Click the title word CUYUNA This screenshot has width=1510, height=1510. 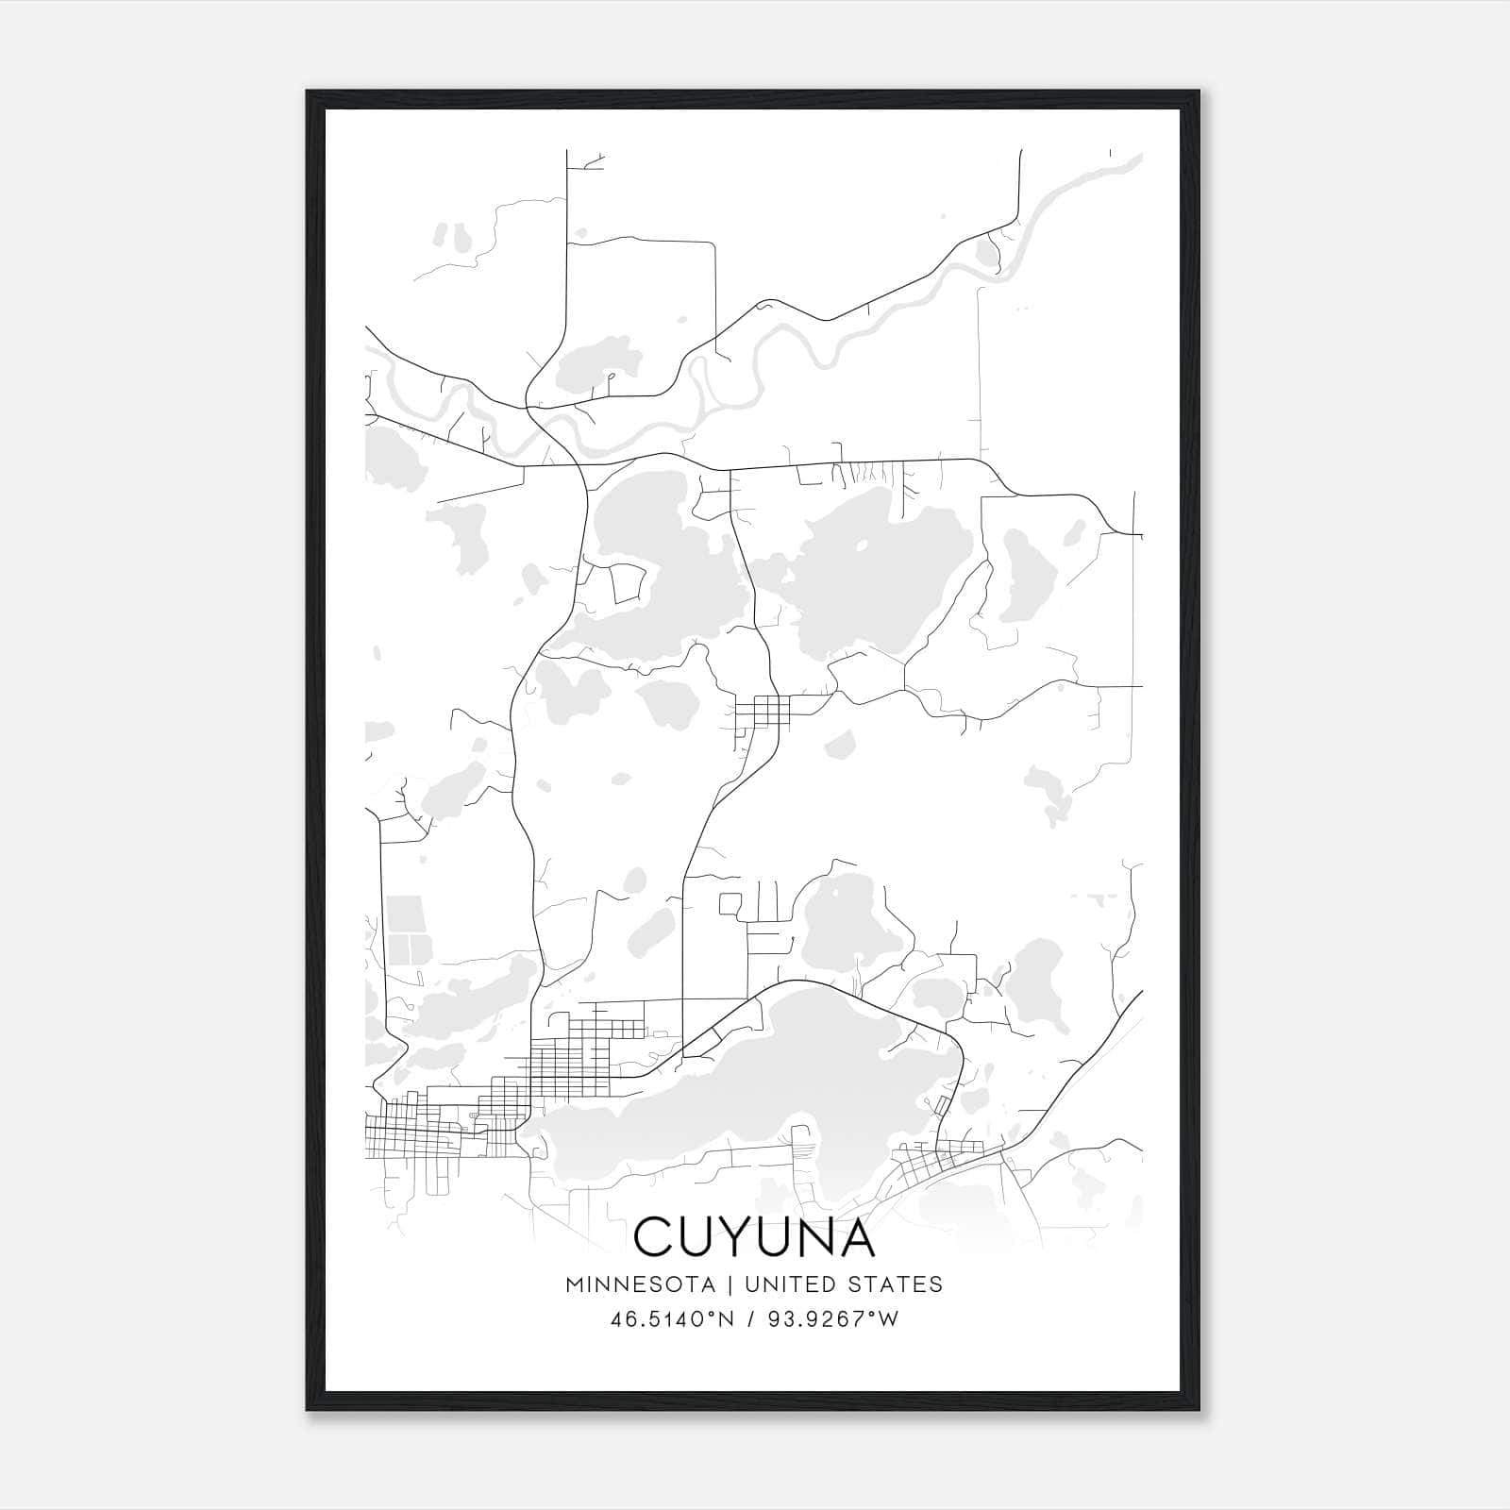click(754, 1237)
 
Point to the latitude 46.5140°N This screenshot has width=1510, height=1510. click(672, 1319)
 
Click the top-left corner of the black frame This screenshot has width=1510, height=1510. click(309, 92)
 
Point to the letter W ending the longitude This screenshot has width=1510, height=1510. click(889, 1319)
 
